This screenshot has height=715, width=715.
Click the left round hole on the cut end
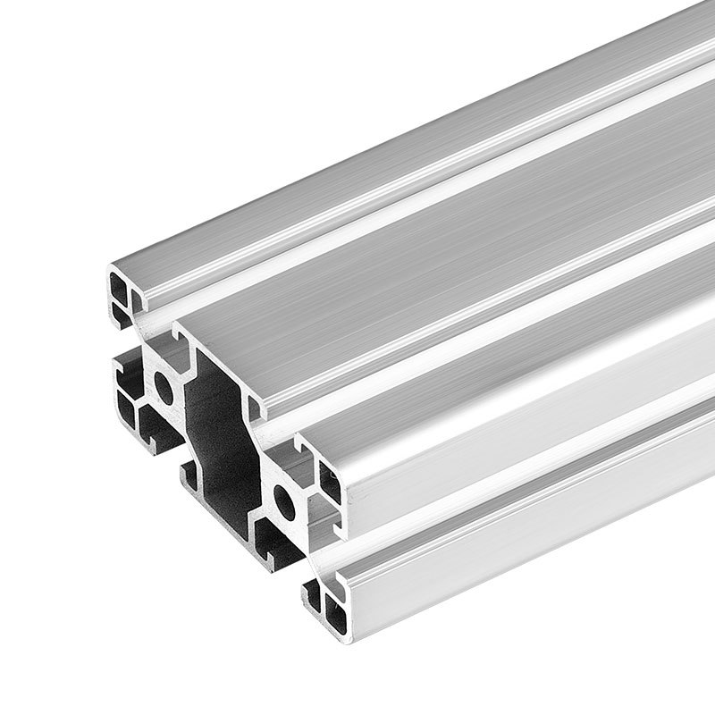point(164,385)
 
